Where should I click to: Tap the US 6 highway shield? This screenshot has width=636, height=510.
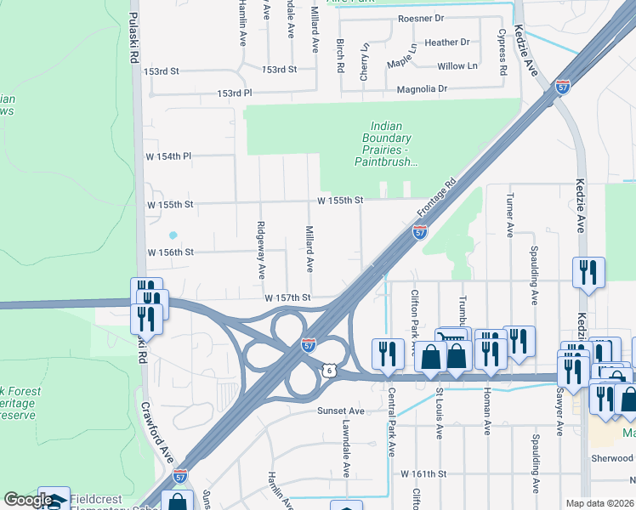pyautogui.click(x=329, y=370)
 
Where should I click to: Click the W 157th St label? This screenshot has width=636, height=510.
pyautogui.click(x=287, y=298)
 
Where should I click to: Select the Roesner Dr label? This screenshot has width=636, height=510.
pyautogui.click(x=421, y=18)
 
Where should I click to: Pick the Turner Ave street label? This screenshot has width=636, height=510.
pyautogui.click(x=510, y=219)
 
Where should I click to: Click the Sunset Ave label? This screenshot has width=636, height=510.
pyautogui.click(x=340, y=411)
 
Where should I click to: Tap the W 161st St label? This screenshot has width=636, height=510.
pyautogui.click(x=423, y=473)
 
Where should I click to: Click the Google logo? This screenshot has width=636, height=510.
pyautogui.click(x=27, y=501)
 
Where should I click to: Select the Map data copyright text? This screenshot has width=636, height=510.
pyautogui.click(x=600, y=503)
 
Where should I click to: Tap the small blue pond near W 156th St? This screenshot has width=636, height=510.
pyautogui.click(x=173, y=235)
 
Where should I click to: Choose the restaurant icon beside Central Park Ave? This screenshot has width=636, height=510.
pyautogui.click(x=388, y=353)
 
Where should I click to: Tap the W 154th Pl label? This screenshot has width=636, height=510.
pyautogui.click(x=170, y=156)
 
